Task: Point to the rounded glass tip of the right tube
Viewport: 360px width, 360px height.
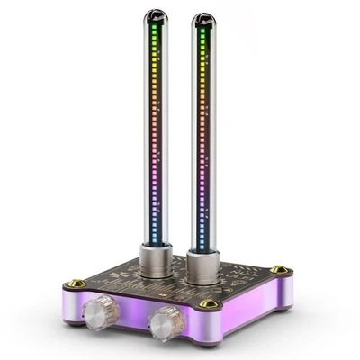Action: (x=204, y=20)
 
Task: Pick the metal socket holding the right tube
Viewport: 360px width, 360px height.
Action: (x=206, y=270)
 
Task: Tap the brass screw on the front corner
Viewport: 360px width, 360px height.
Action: (x=210, y=303)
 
